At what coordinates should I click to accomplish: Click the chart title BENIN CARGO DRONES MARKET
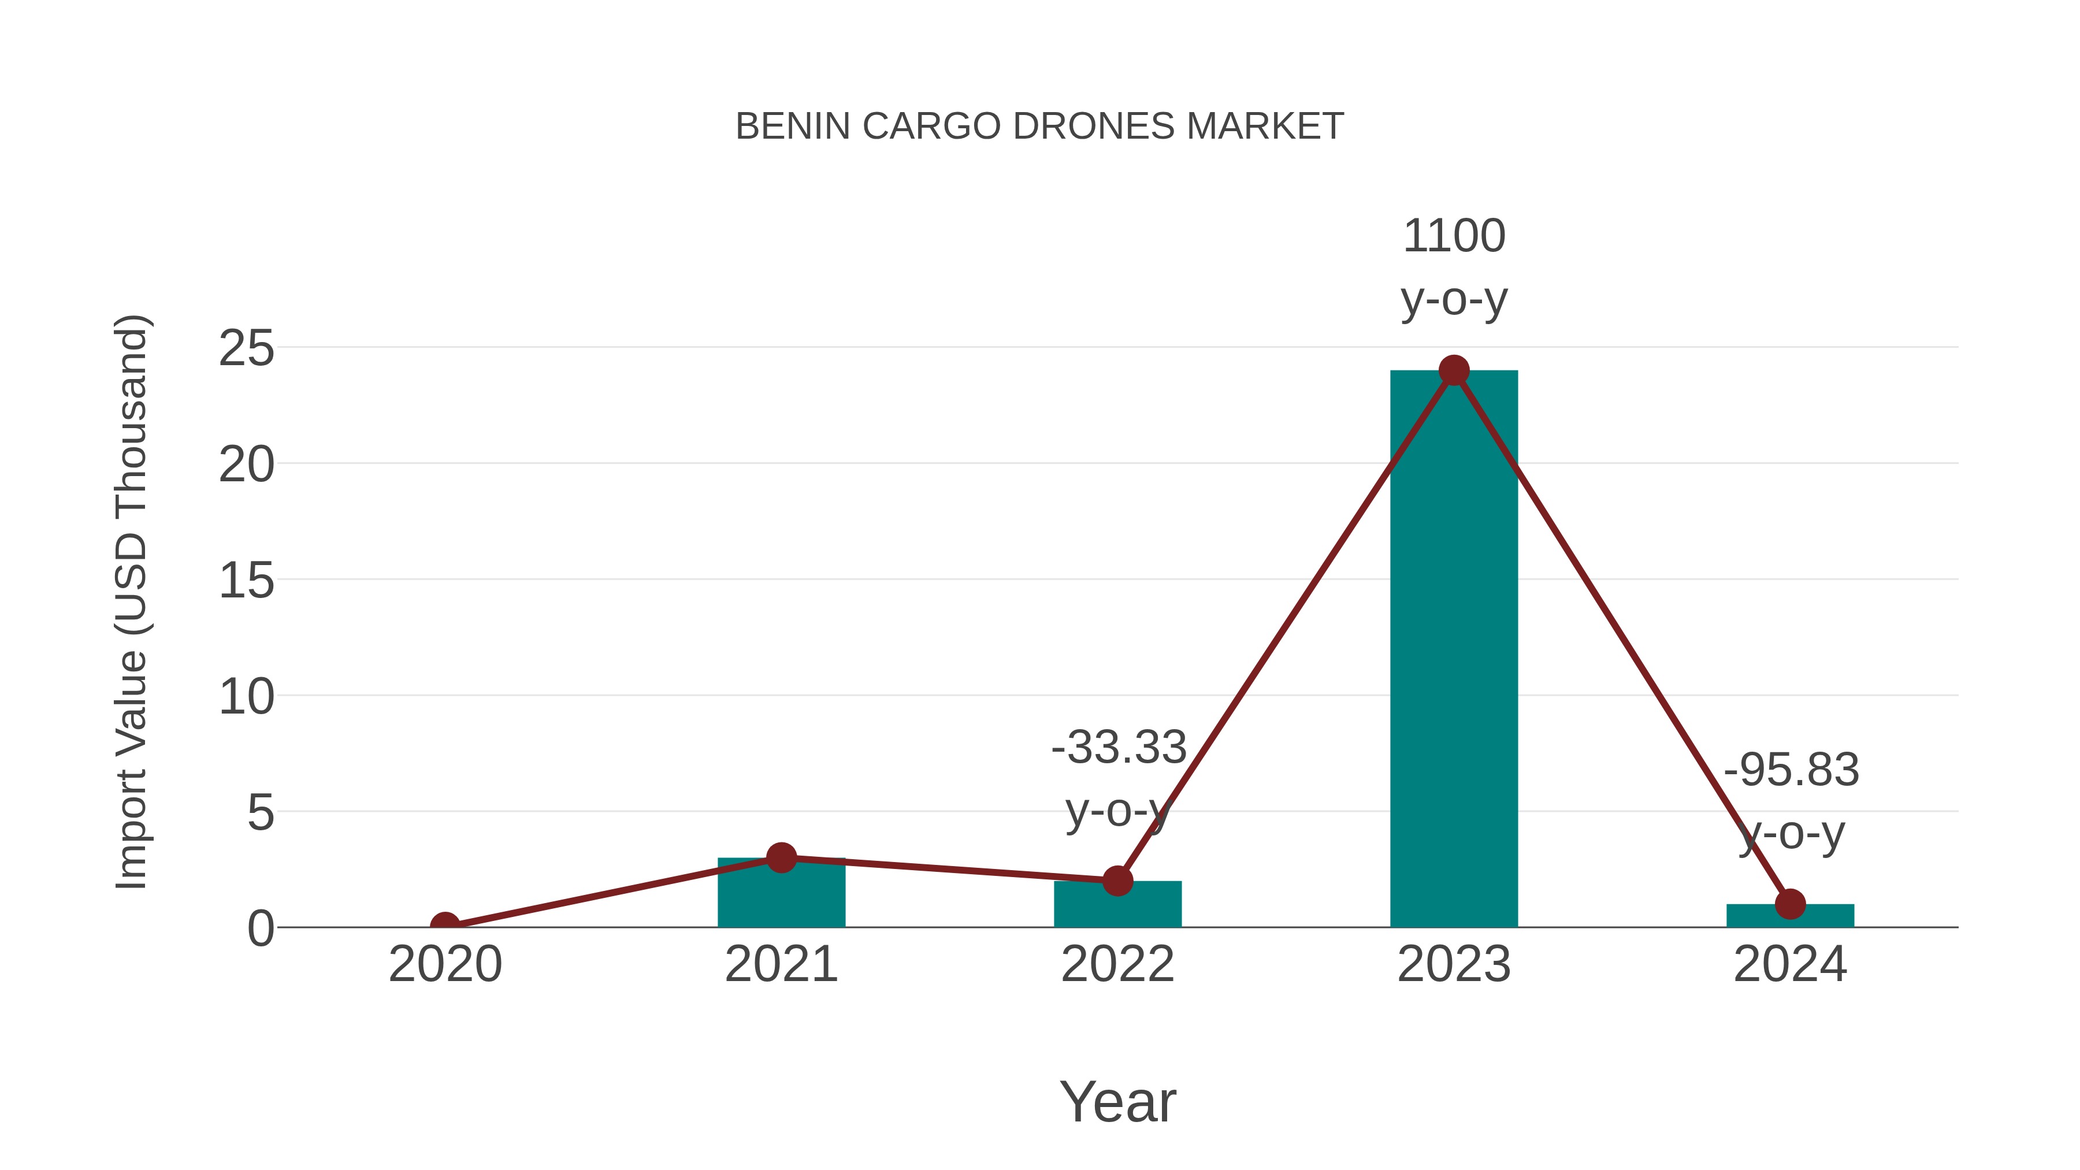[1039, 127]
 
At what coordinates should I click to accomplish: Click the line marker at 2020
[445, 926]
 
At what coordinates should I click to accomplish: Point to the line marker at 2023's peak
[1454, 370]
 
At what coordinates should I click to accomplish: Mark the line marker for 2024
[1790, 904]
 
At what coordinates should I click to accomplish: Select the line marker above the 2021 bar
[781, 857]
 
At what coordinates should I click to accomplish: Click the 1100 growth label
[1454, 236]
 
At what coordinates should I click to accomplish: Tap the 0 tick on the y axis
[260, 928]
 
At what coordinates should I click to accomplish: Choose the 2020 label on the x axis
[445, 965]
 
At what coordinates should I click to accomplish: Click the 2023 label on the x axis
[1454, 965]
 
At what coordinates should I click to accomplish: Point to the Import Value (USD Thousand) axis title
[131, 603]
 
